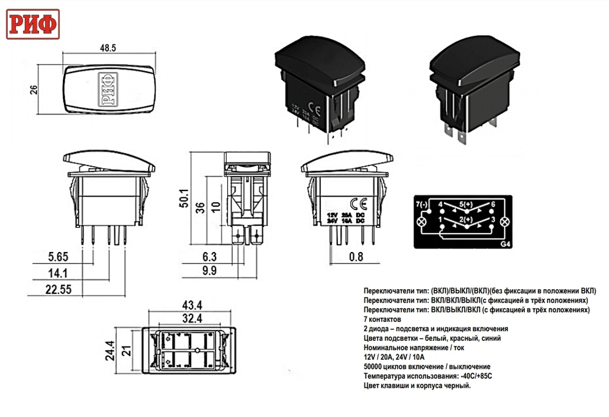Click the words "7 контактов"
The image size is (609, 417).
click(x=382, y=319)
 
